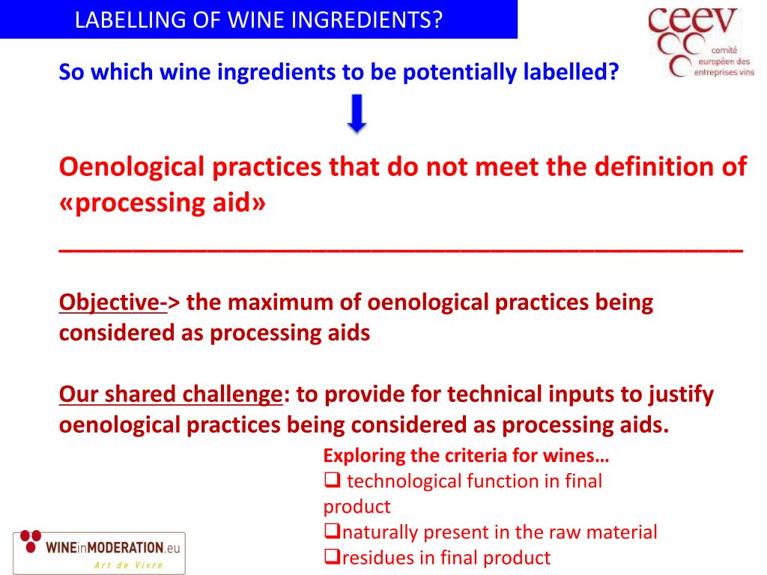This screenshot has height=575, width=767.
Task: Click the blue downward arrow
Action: [x=357, y=114]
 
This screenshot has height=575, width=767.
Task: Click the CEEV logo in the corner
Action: [x=700, y=42]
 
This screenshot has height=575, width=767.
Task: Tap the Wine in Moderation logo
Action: [x=99, y=552]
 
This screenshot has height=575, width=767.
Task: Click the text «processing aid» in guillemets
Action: [x=162, y=204]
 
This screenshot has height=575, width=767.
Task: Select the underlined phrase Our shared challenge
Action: [x=170, y=394]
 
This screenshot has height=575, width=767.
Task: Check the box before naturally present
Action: [x=331, y=532]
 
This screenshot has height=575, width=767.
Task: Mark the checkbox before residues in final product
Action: [x=331, y=557]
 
